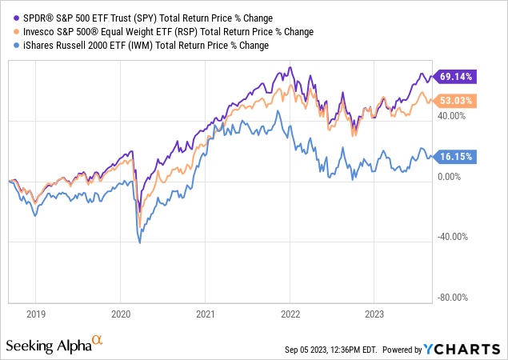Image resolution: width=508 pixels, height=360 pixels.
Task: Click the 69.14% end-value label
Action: click(458, 77)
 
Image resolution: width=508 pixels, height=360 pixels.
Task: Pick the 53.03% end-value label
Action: click(458, 101)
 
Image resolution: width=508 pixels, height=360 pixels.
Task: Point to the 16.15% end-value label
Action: click(458, 158)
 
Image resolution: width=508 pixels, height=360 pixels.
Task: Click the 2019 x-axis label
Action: click(34, 315)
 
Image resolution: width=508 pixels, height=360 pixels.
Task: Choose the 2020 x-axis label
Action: click(120, 315)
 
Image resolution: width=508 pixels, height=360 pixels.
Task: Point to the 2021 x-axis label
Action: click(206, 315)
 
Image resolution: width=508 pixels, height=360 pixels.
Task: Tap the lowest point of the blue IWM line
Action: click(141, 242)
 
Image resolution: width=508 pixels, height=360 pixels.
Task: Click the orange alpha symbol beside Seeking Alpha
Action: click(98, 341)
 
